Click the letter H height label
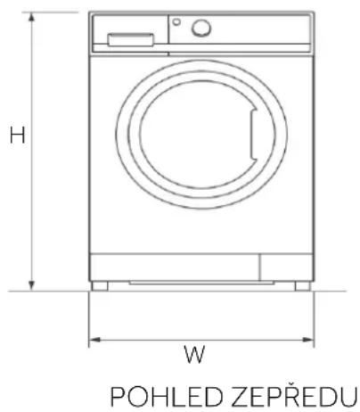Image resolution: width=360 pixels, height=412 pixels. point(17,135)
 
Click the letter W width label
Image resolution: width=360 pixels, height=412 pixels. point(194,354)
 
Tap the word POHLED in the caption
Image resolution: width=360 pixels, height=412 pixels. point(167,397)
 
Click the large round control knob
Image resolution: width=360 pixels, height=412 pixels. point(201,28)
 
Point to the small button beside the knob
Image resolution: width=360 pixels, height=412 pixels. point(176,21)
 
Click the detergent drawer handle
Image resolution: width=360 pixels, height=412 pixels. point(131,40)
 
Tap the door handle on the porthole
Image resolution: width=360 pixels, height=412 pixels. point(253,135)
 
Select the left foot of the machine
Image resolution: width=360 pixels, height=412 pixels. point(100,286)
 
